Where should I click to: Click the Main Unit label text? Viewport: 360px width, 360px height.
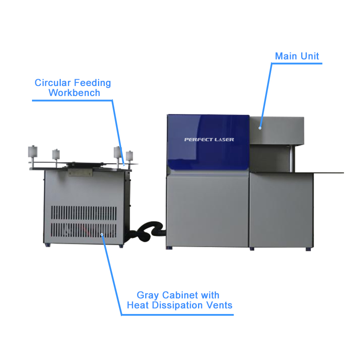[x=297, y=56]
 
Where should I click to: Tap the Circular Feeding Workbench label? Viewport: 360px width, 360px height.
[x=73, y=88]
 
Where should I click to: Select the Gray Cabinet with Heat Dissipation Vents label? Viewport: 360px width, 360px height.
[x=180, y=300]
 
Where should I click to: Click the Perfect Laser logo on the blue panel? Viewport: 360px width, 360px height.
[x=209, y=140]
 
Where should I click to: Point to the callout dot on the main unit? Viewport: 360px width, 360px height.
[x=260, y=128]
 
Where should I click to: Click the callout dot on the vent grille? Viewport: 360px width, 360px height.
[x=102, y=234]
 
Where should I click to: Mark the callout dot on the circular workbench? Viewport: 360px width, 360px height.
[x=124, y=165]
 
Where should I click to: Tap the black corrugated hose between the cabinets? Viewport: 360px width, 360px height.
[x=147, y=231]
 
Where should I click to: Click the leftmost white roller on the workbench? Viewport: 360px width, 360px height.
[x=33, y=152]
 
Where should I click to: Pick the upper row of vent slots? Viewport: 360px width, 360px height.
[x=84, y=213]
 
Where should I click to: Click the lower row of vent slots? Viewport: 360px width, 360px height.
[x=84, y=230]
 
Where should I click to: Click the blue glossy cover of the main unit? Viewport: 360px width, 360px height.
[x=208, y=142]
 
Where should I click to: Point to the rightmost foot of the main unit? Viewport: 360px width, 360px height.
[x=308, y=249]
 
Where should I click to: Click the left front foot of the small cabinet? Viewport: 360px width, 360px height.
[x=48, y=245]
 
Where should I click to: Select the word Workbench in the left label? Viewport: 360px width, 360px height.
[x=74, y=93]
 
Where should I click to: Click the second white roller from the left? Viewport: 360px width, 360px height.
[x=56, y=154]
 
